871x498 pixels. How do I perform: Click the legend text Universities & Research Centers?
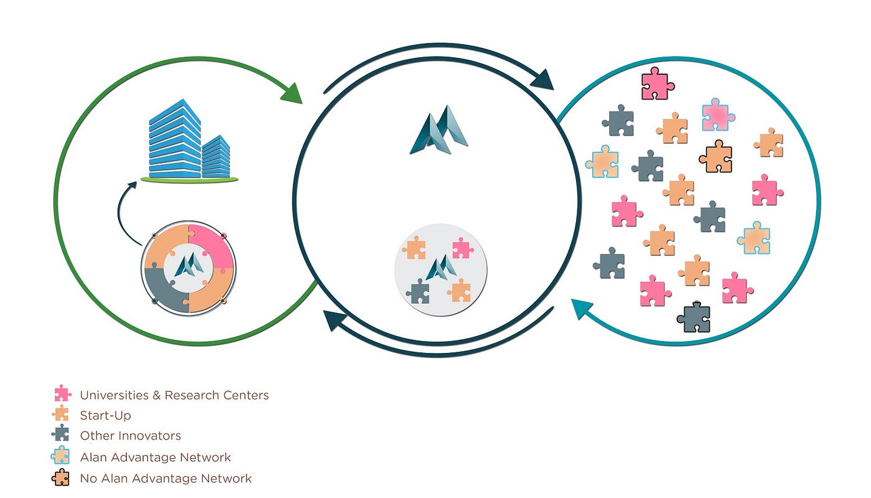pyautogui.click(x=174, y=395)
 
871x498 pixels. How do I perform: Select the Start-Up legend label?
pyautogui.click(x=105, y=415)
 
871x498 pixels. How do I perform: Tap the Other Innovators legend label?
pyautogui.click(x=131, y=436)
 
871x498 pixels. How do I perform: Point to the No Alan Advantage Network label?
pyautogui.click(x=165, y=479)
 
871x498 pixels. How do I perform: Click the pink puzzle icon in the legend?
pyautogui.click(x=62, y=394)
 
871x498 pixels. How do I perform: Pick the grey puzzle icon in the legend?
pyautogui.click(x=61, y=434)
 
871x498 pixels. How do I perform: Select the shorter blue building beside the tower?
pyautogui.click(x=216, y=157)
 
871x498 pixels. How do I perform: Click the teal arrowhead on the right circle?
pyautogui.click(x=582, y=308)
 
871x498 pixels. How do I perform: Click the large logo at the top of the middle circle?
pyautogui.click(x=439, y=131)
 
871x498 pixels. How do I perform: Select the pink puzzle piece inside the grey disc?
pyautogui.click(x=462, y=248)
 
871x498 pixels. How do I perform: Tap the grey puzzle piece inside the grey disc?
pyautogui.click(x=418, y=291)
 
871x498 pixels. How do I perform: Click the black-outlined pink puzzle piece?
pyautogui.click(x=657, y=83)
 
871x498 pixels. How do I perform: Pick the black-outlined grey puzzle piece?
pyautogui.click(x=693, y=317)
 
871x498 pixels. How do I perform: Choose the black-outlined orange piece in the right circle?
pyautogui.click(x=715, y=156)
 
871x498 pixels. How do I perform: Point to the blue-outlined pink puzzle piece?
pyautogui.click(x=717, y=115)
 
